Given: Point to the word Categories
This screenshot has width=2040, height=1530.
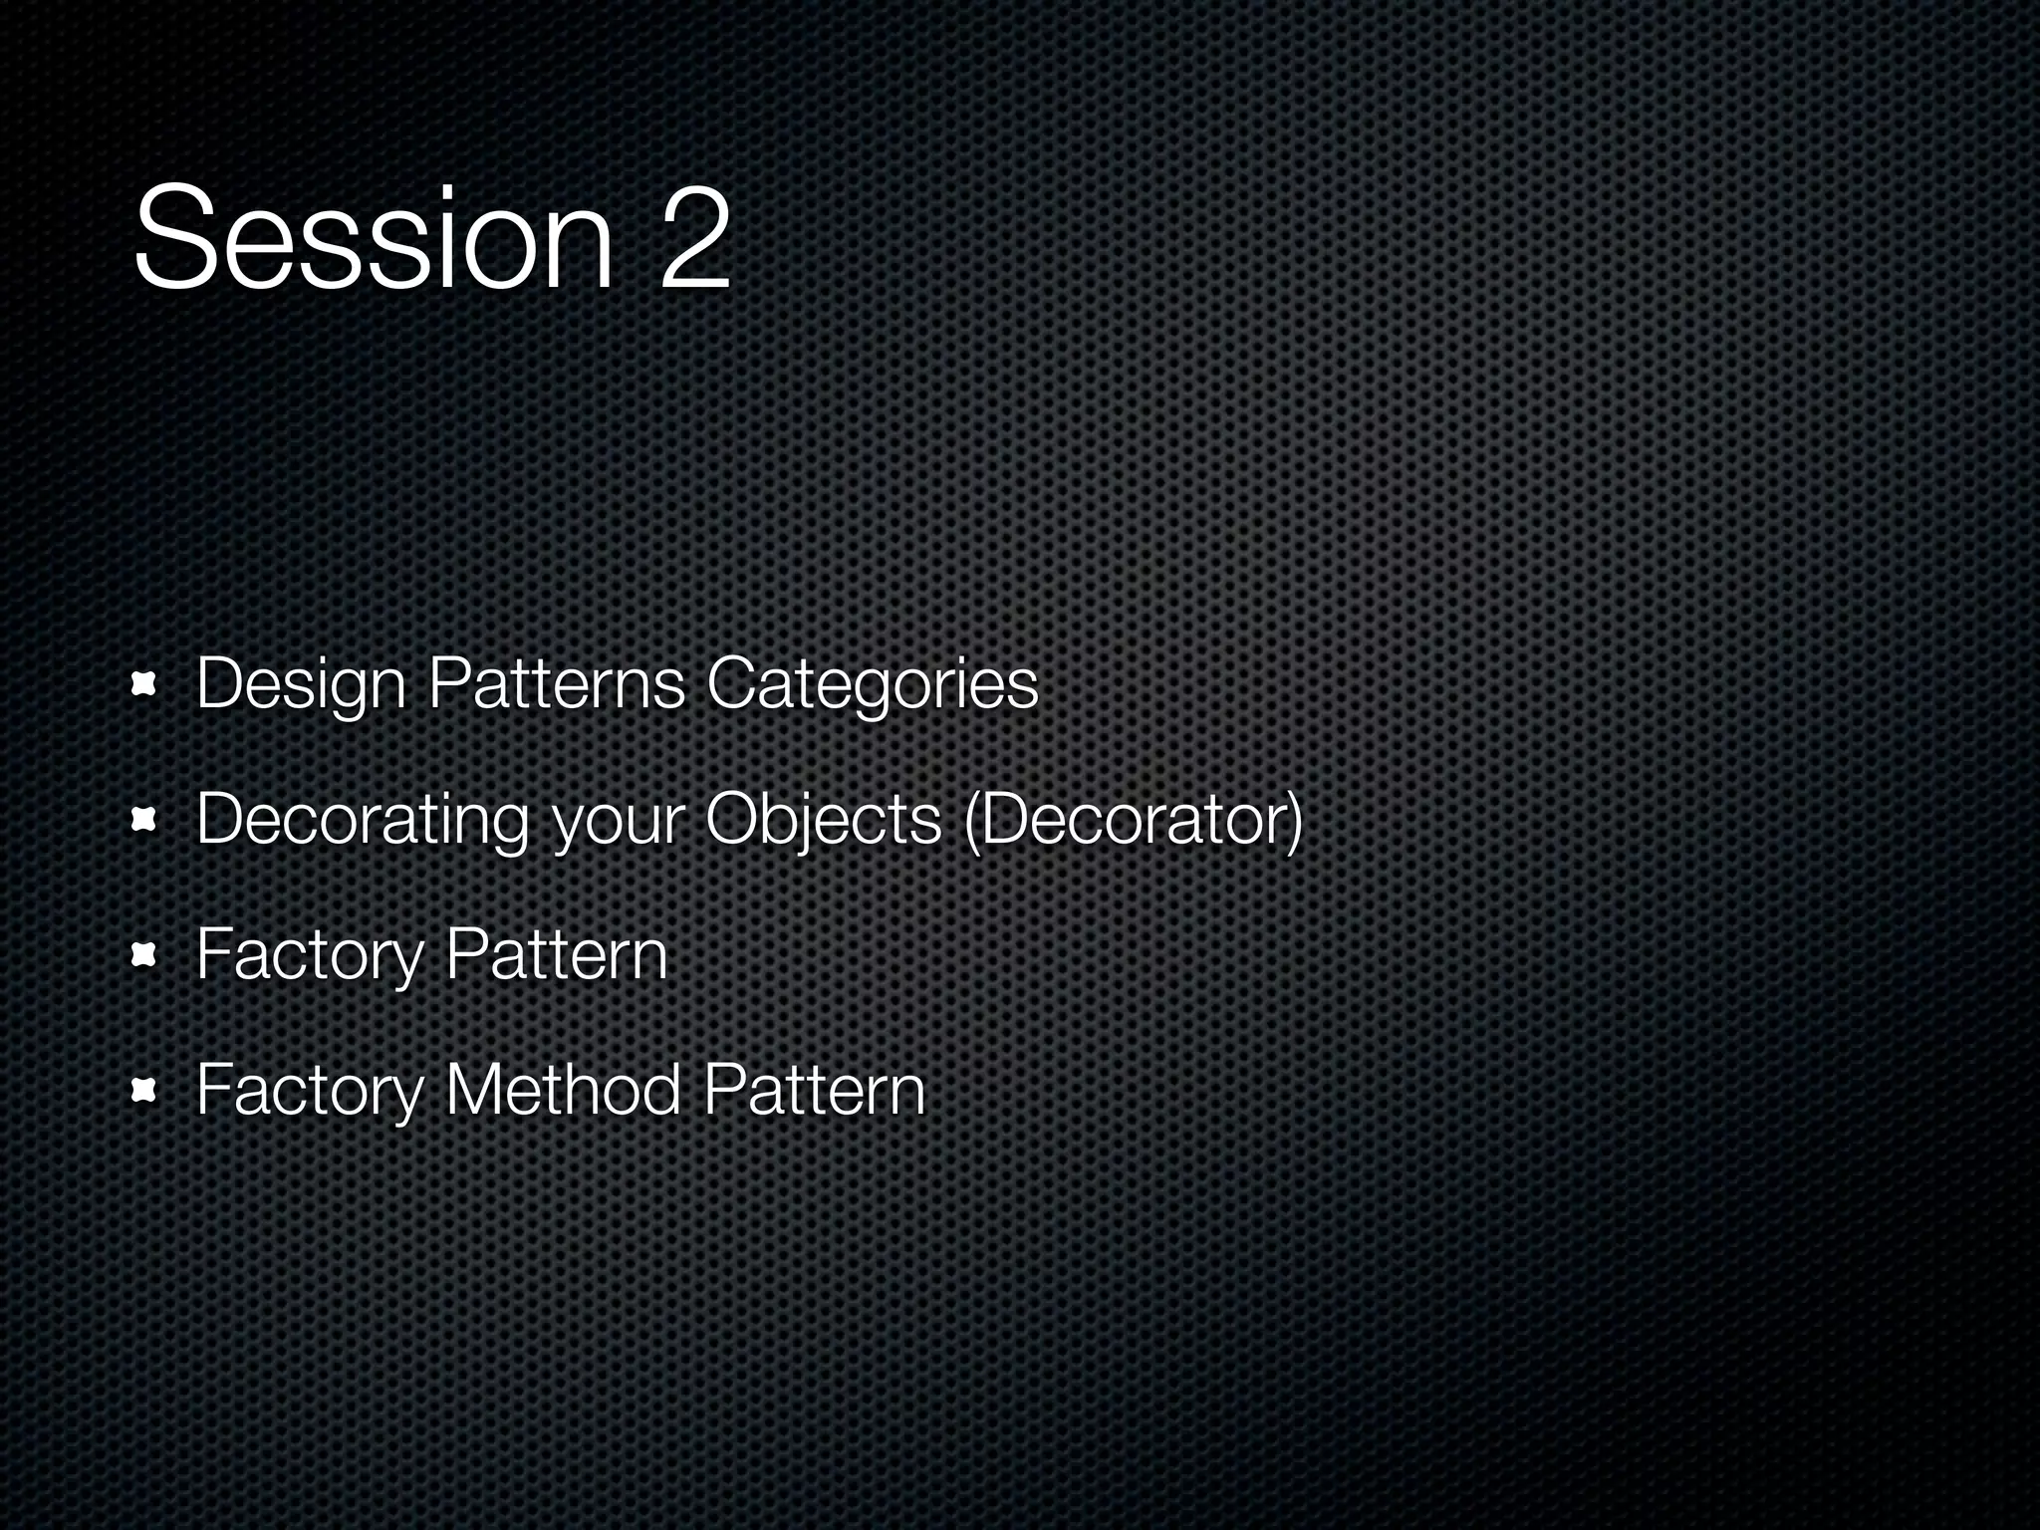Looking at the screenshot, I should (872, 685).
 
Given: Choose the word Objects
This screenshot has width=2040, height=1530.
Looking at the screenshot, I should (823, 821).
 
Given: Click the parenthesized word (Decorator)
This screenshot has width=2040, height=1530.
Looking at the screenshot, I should (1134, 821).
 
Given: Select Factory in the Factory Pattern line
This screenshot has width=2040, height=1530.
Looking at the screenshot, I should (310, 956).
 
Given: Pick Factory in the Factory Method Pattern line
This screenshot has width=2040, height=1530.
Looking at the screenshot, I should (310, 1092).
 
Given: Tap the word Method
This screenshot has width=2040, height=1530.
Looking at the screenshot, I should (563, 1090).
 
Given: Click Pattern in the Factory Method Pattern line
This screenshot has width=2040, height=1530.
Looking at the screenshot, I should (814, 1090).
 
